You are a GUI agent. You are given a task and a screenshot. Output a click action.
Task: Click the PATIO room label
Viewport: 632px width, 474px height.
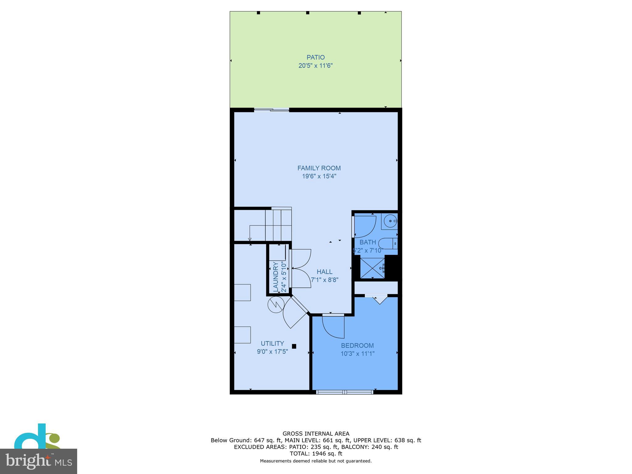point(315,57)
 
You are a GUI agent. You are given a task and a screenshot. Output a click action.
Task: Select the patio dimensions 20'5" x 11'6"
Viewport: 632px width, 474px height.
point(315,66)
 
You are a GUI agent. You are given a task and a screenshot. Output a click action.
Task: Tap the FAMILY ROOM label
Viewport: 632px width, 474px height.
point(319,168)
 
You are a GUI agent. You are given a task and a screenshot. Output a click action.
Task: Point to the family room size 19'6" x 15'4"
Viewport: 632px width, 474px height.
point(319,177)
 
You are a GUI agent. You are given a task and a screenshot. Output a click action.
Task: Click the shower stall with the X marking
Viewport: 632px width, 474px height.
point(372,268)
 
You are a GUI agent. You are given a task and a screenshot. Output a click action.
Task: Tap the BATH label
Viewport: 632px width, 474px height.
point(368,242)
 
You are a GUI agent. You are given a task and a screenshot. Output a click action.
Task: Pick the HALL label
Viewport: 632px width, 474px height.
point(324,272)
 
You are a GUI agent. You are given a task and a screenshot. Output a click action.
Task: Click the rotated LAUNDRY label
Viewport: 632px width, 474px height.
point(276,276)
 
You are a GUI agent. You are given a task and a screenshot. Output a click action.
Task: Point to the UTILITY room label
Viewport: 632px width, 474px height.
point(272,343)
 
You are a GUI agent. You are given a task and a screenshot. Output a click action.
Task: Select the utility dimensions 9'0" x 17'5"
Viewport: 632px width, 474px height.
point(272,351)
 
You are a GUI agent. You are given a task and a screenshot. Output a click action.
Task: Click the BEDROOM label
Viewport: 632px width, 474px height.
point(357,346)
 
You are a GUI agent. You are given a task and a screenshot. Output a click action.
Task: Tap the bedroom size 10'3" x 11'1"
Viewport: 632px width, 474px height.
point(357,354)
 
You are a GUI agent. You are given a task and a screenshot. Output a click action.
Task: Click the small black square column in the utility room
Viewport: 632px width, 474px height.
point(294,346)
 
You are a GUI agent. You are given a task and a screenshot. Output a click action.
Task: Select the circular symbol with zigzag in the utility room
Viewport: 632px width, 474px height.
point(276,305)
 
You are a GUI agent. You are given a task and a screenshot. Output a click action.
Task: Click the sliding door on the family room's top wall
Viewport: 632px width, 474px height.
point(271,110)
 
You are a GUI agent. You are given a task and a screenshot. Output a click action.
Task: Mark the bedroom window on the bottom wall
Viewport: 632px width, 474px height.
point(345,392)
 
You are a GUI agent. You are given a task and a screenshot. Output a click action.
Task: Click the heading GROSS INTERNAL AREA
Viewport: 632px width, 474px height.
point(316,434)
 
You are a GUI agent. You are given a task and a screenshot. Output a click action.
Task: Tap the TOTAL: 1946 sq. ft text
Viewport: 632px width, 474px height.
point(316,454)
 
